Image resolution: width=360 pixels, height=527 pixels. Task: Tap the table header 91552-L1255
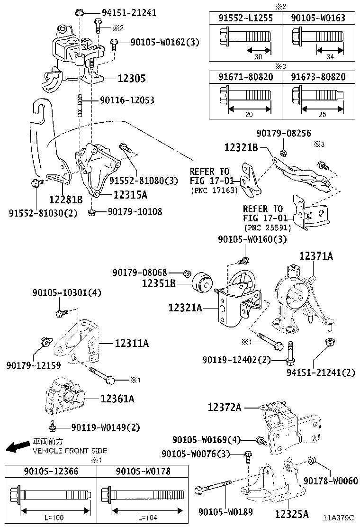[245, 18]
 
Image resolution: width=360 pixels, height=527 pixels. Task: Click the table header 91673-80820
[318, 77]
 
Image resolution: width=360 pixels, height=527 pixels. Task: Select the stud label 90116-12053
[126, 100]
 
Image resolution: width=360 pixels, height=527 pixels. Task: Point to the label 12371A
[315, 256]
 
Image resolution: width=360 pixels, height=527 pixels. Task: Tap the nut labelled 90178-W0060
[312, 460]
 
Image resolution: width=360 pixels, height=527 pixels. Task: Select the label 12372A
[225, 407]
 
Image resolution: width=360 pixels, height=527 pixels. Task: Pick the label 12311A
[131, 343]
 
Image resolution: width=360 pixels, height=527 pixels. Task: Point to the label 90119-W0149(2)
[106, 427]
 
